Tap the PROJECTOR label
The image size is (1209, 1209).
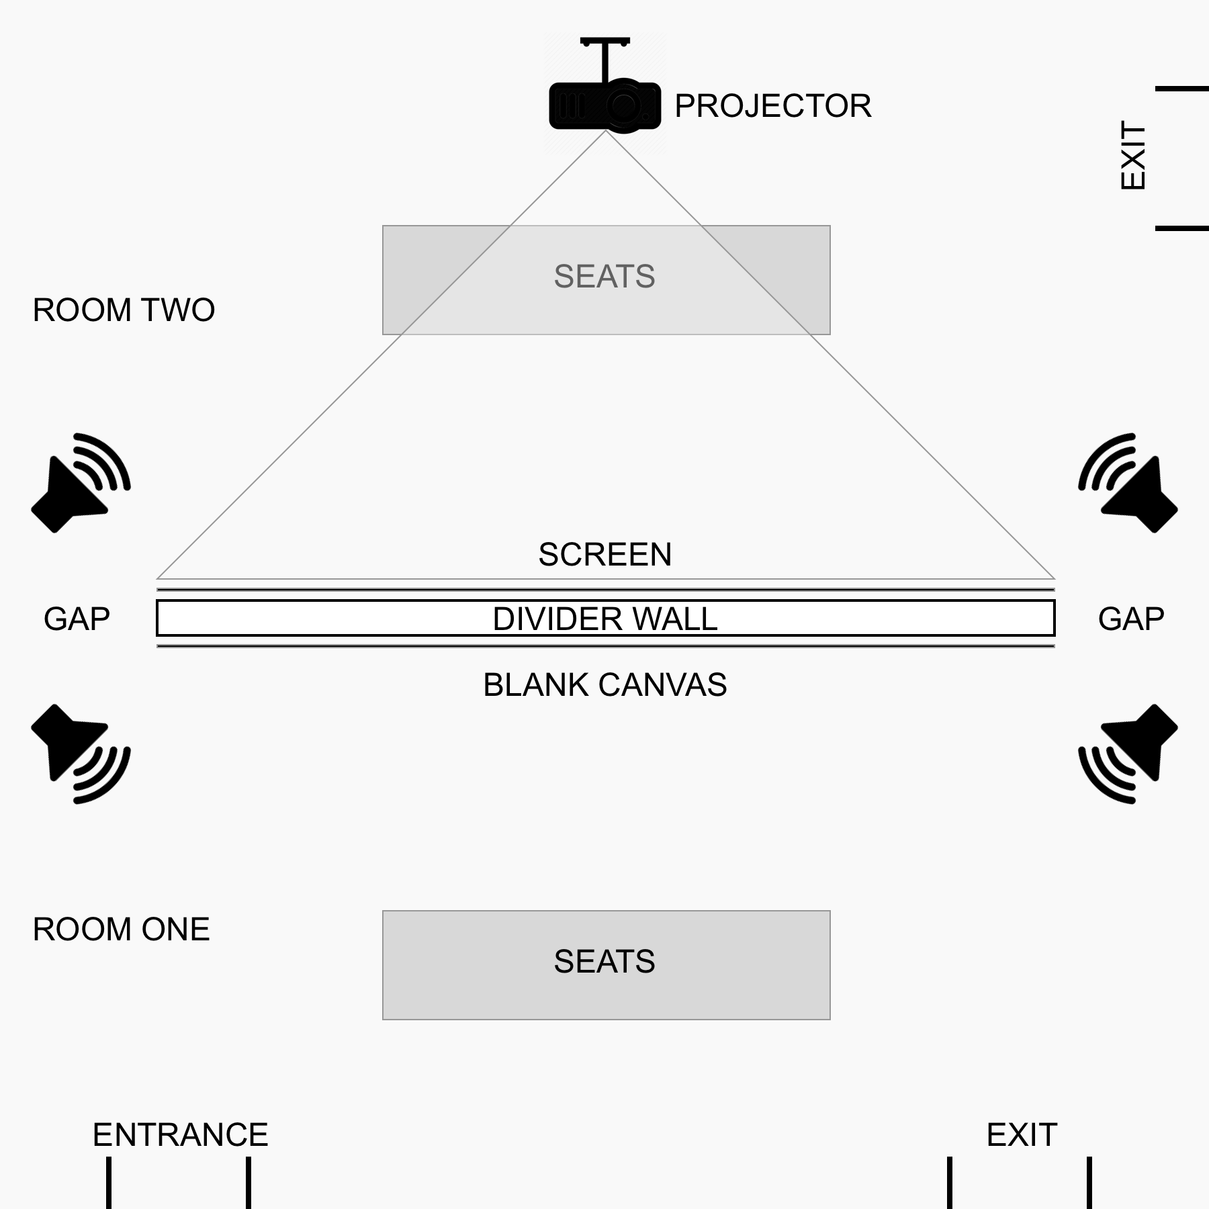(x=773, y=106)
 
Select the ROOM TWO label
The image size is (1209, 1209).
(x=124, y=310)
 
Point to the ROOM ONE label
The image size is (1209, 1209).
(x=121, y=930)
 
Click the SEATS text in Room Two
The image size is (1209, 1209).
(x=604, y=277)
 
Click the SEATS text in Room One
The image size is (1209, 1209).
(x=604, y=962)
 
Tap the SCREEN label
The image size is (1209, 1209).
(x=605, y=555)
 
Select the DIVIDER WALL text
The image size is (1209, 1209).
(x=605, y=619)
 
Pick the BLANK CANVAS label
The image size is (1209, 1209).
(x=605, y=685)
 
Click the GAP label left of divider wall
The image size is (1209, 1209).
(x=77, y=619)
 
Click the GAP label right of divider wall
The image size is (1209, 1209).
(x=1132, y=619)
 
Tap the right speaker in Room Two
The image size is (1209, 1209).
(x=1128, y=483)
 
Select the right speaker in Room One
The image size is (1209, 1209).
(x=1128, y=754)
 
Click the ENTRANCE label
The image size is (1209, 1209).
(x=181, y=1135)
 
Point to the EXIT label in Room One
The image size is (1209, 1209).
(x=1022, y=1135)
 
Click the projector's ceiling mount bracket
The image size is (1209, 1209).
(x=605, y=59)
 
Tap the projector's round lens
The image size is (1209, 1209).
(x=624, y=105)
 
